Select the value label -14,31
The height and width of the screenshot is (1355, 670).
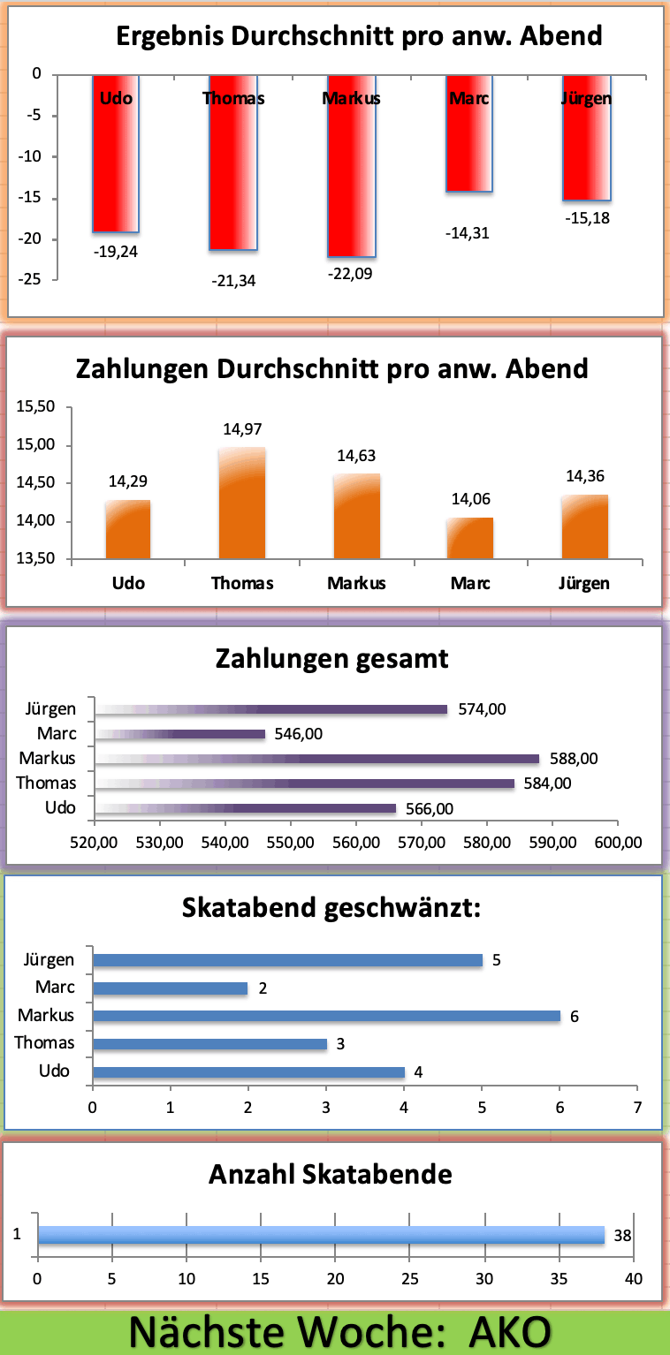469,233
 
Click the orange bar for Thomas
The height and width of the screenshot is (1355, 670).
242,503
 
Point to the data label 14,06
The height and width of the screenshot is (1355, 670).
469,499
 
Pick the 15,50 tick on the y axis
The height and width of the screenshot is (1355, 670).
36,407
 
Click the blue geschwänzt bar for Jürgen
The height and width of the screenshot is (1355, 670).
287,960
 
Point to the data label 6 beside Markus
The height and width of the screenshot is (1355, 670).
575,1017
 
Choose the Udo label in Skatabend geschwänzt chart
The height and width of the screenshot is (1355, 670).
55,1071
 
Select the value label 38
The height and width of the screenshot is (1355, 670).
622,1235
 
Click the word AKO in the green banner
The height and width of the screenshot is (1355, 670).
510,1332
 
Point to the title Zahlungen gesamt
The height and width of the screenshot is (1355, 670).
331,659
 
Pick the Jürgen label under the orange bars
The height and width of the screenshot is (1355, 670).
584,583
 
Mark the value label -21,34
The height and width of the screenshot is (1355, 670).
234,281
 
